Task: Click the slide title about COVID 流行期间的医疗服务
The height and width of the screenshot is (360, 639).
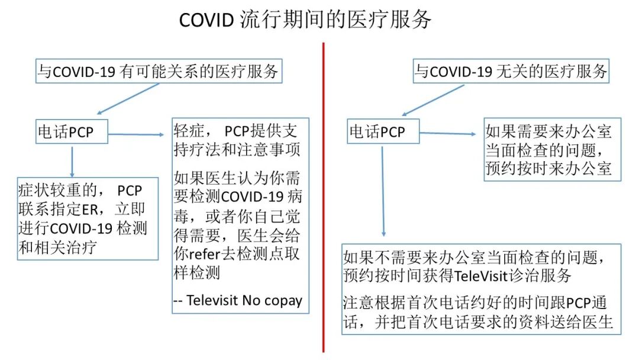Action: (305, 20)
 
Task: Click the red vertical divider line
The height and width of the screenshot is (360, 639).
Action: (324, 195)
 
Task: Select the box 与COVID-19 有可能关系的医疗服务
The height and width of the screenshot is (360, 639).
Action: (158, 72)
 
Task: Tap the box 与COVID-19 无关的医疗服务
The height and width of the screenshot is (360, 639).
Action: (511, 72)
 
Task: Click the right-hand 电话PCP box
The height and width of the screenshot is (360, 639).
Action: (383, 131)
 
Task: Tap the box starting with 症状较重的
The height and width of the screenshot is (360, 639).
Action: (86, 218)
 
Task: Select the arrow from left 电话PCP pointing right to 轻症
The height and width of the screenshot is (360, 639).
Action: (136, 134)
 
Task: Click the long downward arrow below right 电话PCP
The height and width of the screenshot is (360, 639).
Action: (383, 189)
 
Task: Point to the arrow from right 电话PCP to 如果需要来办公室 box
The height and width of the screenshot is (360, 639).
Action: (448, 134)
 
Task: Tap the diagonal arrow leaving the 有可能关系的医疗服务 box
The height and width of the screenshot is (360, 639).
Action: (128, 98)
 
